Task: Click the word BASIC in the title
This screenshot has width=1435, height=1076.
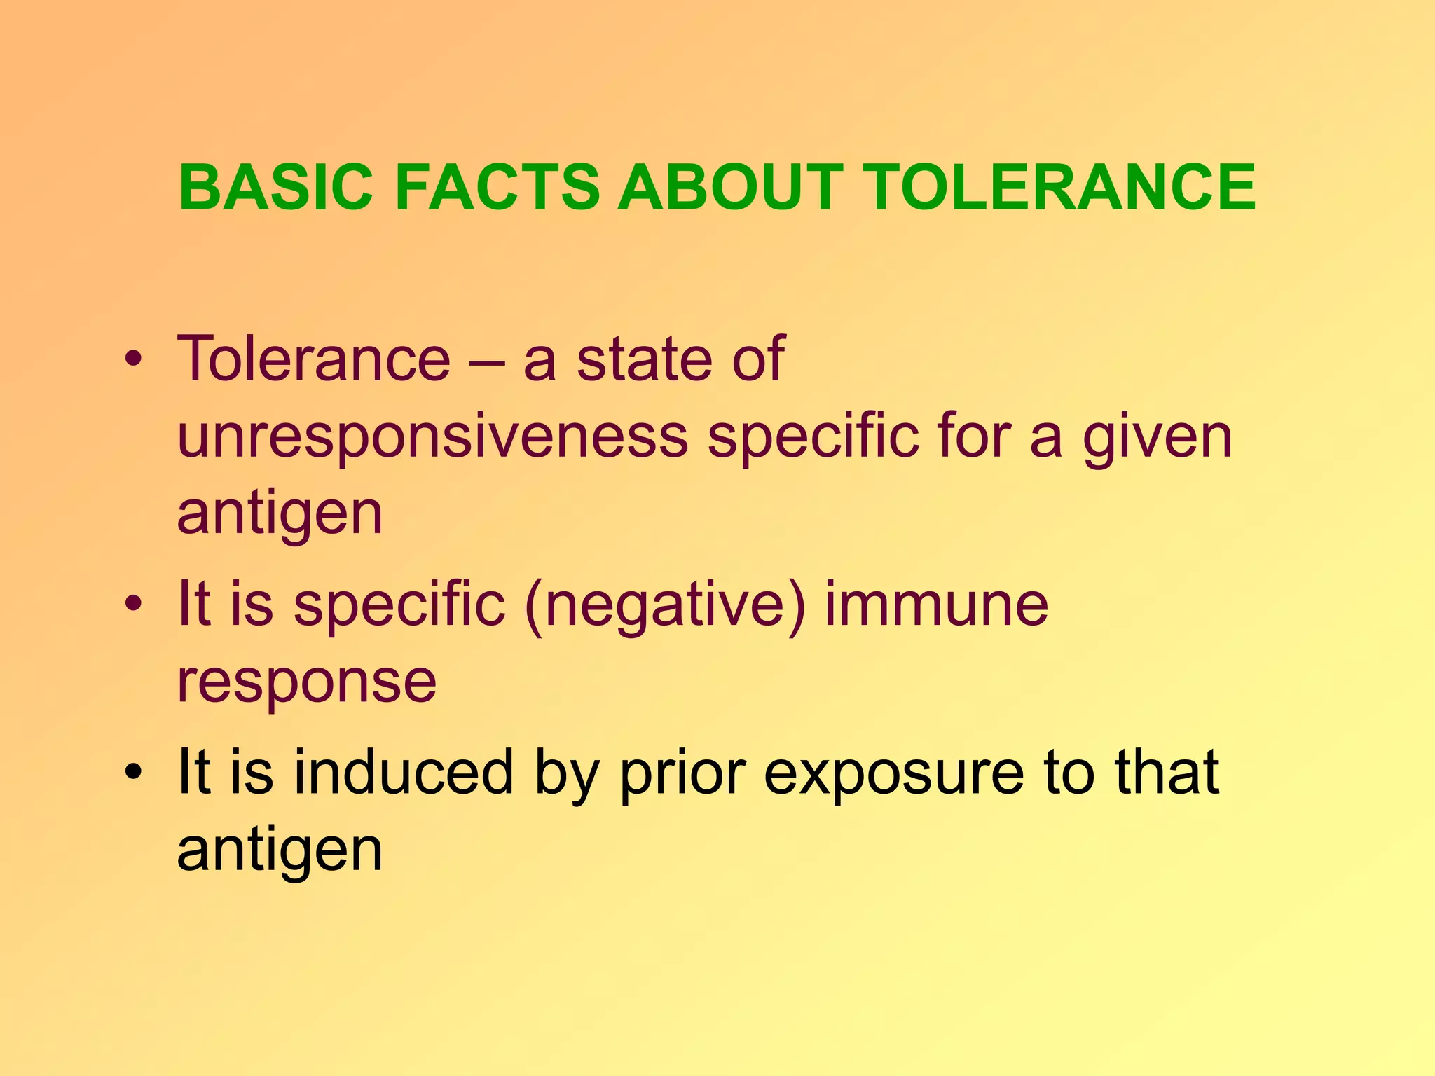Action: tap(276, 187)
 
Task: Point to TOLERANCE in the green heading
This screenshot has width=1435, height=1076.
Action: tap(1059, 187)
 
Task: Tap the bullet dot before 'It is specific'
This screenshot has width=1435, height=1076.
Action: tap(133, 603)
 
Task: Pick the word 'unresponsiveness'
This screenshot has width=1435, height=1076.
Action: tap(433, 438)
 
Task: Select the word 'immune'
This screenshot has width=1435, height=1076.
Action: tap(936, 603)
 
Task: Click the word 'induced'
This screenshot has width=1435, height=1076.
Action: tap(404, 771)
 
